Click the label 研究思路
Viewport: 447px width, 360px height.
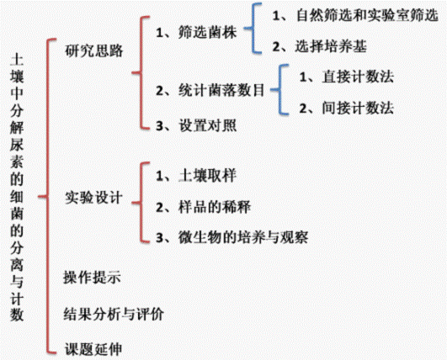[x=93, y=50]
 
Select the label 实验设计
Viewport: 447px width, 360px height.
[x=93, y=198]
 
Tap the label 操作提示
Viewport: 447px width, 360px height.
[x=93, y=277]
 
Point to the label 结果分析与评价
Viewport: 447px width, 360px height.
[x=114, y=314]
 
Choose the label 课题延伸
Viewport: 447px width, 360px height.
[x=93, y=349]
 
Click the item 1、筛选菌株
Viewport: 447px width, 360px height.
[x=196, y=33]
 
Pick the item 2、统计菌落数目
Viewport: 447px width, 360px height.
[x=210, y=91]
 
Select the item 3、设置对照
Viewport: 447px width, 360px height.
[x=196, y=125]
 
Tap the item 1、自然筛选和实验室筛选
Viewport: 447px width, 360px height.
[x=355, y=15]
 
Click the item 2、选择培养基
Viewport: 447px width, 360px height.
[x=320, y=46]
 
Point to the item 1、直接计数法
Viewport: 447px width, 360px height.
[x=346, y=77]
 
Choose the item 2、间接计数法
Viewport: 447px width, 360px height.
[x=346, y=109]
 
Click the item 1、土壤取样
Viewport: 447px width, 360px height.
[x=196, y=176]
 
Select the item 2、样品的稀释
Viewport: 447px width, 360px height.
[x=203, y=207]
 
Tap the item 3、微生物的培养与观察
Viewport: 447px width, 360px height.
[x=232, y=237]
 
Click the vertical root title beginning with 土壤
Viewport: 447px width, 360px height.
[x=17, y=187]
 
